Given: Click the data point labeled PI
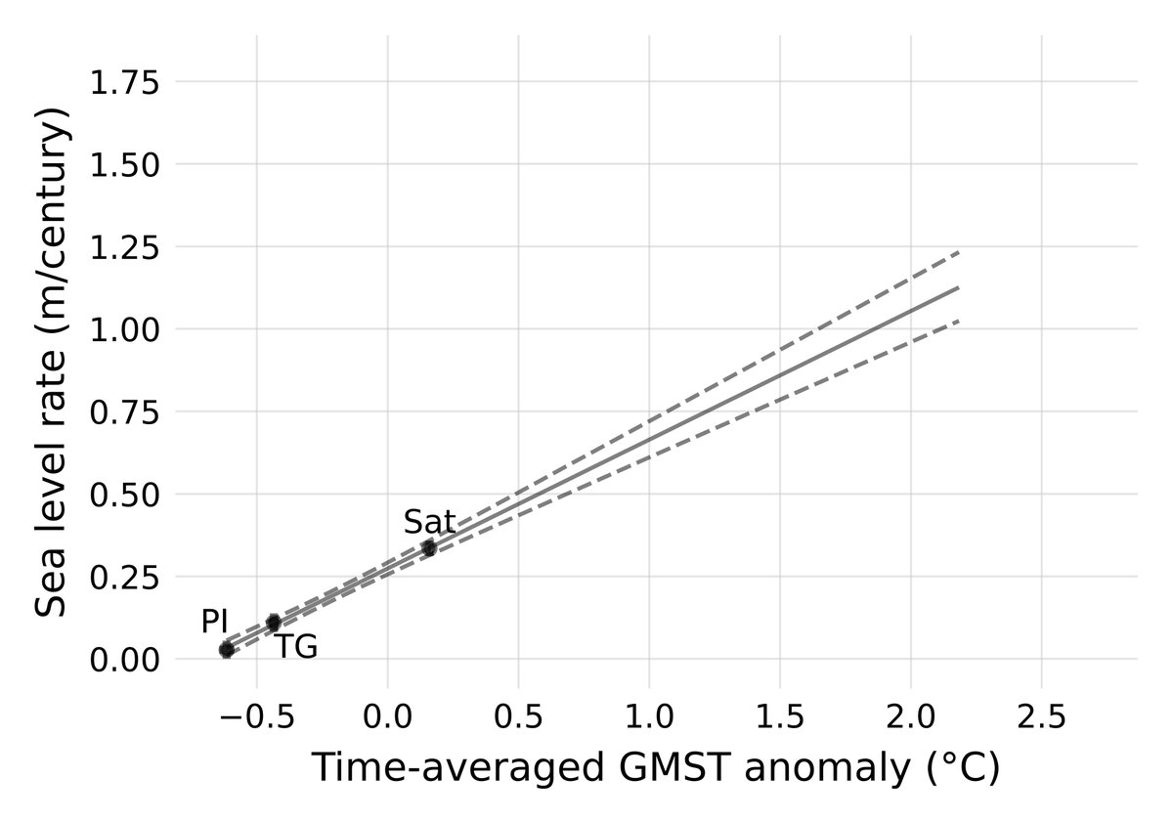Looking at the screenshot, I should tap(227, 650).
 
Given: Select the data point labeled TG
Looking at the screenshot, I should tap(274, 622).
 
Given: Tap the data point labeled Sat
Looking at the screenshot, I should tap(429, 547).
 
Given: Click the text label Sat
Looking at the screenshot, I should tap(429, 523).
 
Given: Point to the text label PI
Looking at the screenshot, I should tap(214, 622).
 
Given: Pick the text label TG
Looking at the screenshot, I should tap(295, 647).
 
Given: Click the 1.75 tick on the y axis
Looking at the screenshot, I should tap(124, 83).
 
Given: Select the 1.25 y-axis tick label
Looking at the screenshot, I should tap(124, 247).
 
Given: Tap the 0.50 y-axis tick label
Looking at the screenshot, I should tap(124, 495).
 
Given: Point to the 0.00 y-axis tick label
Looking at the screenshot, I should tap(124, 660).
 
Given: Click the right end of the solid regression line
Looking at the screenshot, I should tap(959, 287).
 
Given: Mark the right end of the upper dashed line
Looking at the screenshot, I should tap(959, 252).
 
